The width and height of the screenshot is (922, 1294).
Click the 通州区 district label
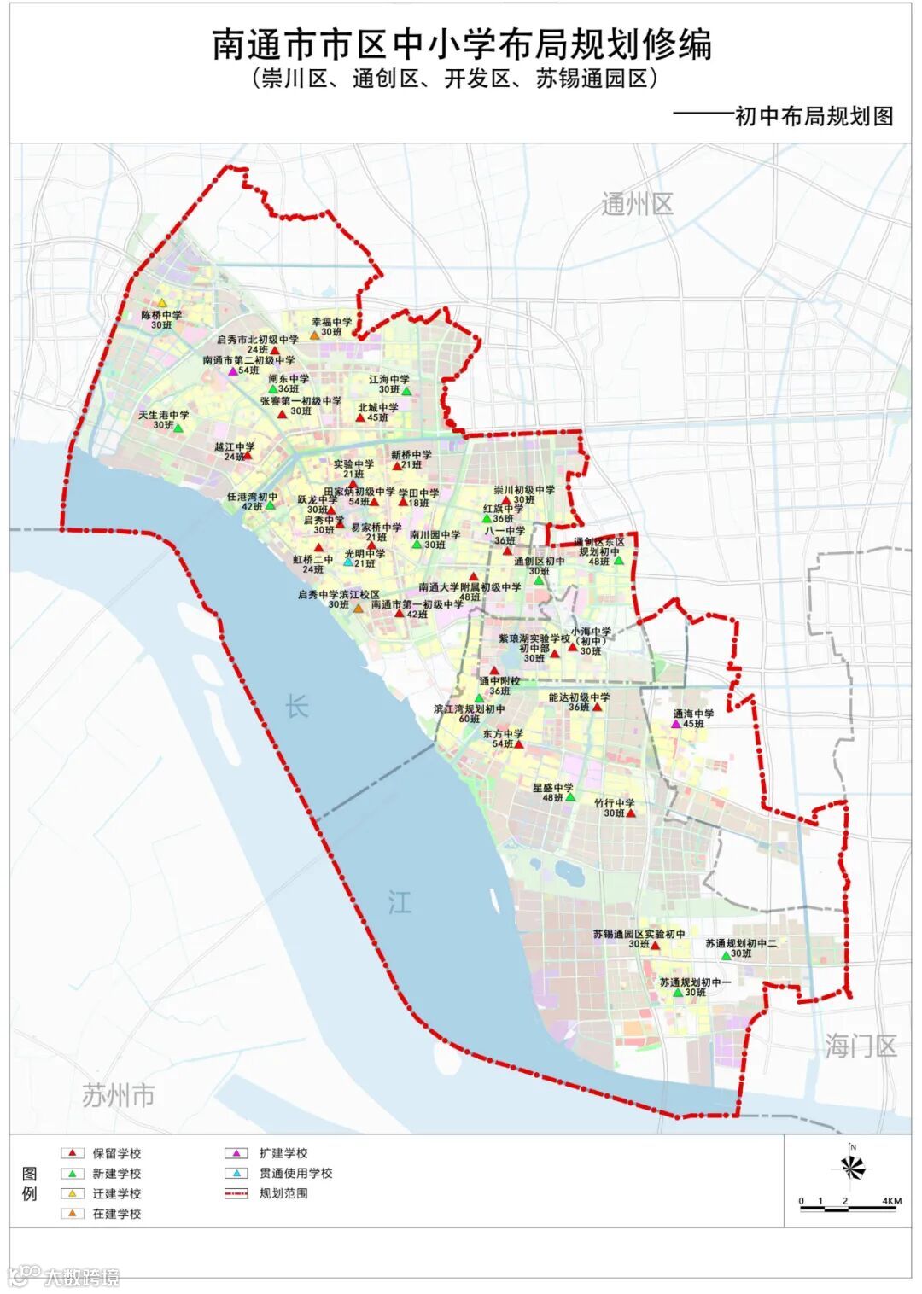pos(637,204)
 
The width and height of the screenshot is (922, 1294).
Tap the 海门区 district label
pos(861,1045)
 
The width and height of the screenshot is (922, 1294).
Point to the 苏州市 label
pos(119,1095)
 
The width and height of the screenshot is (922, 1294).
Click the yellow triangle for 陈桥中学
pos(162,303)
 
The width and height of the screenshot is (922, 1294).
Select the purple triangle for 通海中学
pos(676,724)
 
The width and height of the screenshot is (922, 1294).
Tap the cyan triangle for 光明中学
pos(348,563)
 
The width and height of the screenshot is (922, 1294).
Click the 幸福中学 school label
pos(331,322)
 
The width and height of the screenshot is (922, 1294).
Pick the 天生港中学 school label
pos(164,415)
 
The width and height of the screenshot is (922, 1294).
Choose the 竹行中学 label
pos(615,803)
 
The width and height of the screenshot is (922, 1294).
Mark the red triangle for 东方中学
pos(518,744)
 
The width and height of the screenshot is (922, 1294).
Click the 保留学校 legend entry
pos(116,1153)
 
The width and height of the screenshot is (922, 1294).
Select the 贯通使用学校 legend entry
pos(295,1173)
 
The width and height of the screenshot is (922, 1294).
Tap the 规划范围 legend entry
pos(283,1192)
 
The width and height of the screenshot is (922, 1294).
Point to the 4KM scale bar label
pos(891,1201)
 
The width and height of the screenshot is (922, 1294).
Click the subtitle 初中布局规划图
pos(814,115)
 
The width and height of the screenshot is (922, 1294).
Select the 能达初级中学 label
pos(579,697)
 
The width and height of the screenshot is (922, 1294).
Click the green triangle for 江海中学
pos(406,391)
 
